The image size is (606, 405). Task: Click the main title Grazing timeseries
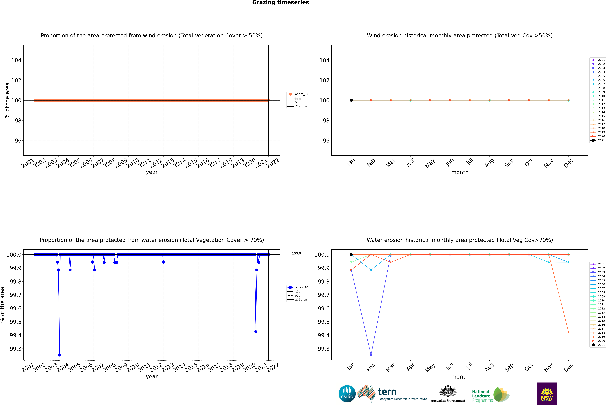pyautogui.click(x=281, y=3)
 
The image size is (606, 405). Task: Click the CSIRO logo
pyautogui.click(x=347, y=394)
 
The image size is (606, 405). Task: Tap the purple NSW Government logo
pyautogui.click(x=547, y=394)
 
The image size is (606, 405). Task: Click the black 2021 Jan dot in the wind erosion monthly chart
pyautogui.click(x=351, y=100)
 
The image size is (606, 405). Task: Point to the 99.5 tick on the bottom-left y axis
pyautogui.click(x=16, y=322)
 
